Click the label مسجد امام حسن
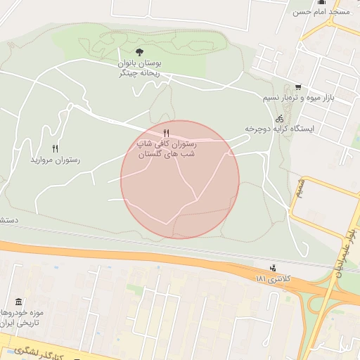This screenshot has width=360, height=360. tap(321, 12)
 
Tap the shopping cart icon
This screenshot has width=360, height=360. tap(298, 87)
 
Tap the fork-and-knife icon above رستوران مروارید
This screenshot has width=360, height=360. tap(55, 148)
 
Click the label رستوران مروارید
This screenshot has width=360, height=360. tap(55, 160)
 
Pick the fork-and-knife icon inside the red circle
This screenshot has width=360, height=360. tap(166, 133)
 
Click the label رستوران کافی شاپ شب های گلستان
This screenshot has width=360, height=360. tap(166, 148)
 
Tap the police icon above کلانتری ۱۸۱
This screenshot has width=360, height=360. tap(272, 268)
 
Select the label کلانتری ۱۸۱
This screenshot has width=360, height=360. tap(272, 279)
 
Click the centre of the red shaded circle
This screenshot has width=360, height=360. tap(179, 179)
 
